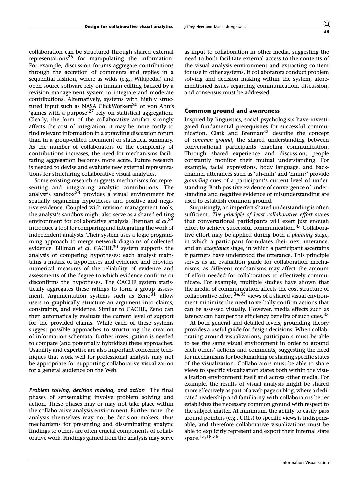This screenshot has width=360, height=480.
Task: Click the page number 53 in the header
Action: click(327, 32)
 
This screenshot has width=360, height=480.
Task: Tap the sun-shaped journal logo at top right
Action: click(327, 24)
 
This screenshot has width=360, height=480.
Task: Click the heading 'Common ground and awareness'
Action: click(232, 111)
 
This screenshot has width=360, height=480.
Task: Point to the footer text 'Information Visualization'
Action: click(305, 462)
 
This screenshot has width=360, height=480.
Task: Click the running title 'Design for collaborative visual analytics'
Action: click(128, 27)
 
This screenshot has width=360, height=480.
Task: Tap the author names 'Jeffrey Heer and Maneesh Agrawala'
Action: click(215, 27)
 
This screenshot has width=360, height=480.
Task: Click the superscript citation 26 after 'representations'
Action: click(71, 57)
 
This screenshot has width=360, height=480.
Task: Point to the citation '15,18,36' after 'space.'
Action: click(209, 436)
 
